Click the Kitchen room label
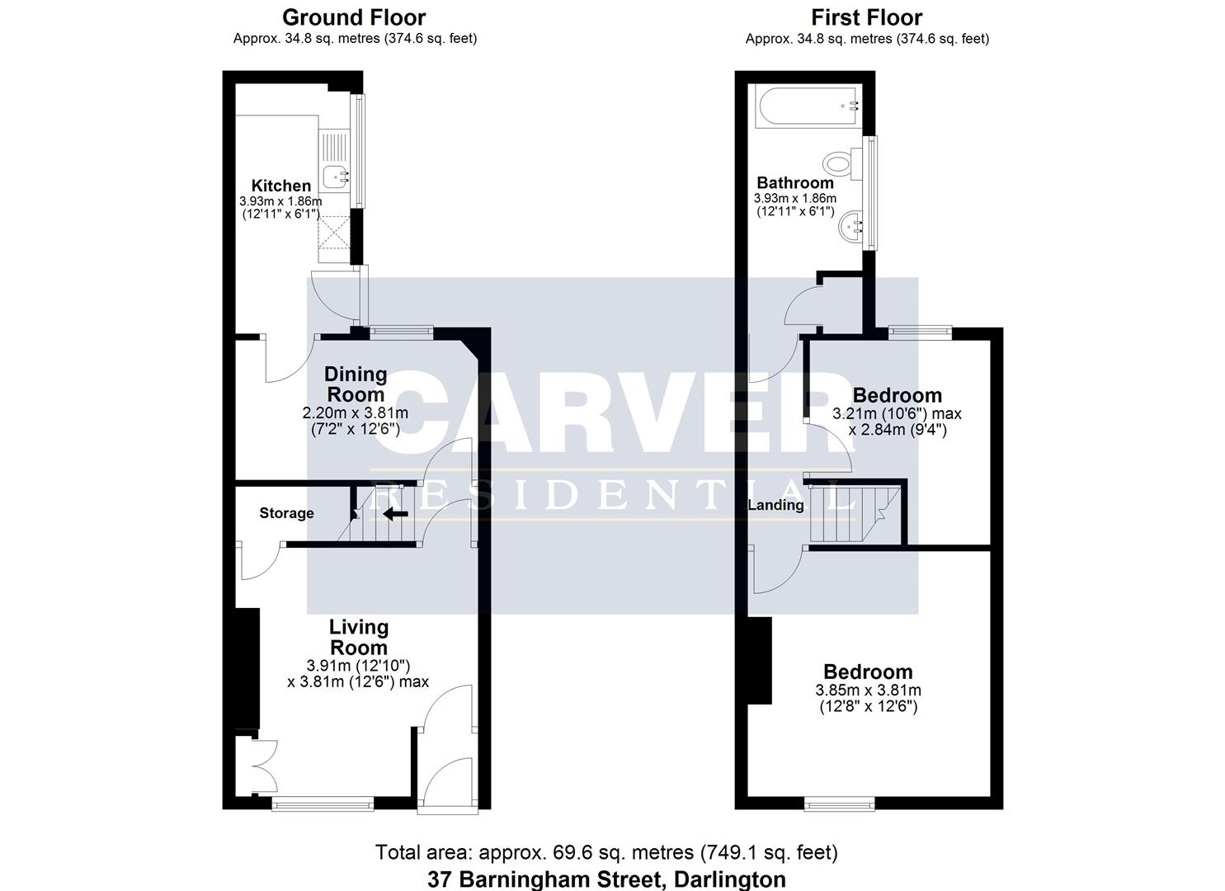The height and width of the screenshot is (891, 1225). tap(280, 186)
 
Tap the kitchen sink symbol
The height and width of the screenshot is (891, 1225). tap(336, 175)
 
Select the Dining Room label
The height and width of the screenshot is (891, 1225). tap(356, 384)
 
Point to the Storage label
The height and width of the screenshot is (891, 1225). tap(286, 513)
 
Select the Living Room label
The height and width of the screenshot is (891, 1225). tap(358, 637)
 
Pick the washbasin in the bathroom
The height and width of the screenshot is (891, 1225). tap(850, 224)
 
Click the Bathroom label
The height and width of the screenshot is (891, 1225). tap(795, 183)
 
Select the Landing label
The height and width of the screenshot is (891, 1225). tap(775, 505)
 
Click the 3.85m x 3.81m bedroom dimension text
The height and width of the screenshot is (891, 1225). tap(868, 691)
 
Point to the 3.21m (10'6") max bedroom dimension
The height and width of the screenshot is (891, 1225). tap(897, 414)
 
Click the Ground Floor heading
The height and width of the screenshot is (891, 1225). tap(354, 17)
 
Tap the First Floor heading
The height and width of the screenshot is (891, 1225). tap(866, 17)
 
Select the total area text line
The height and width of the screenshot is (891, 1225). tap(606, 852)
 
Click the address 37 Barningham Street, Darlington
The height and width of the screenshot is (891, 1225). tap(606, 879)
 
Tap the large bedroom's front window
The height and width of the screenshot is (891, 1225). tap(839, 802)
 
